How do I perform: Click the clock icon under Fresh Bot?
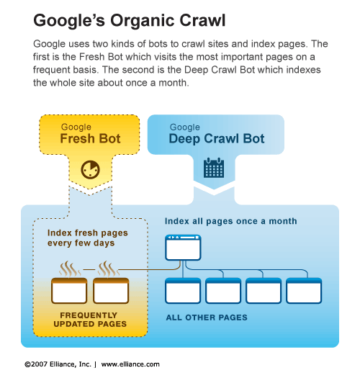coord(91,170)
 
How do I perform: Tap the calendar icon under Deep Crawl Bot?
coord(214,168)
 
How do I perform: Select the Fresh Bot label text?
coord(90,139)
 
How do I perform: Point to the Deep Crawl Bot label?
coord(217,139)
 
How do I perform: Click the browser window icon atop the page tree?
coord(183,248)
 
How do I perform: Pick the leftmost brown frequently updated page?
coord(69,290)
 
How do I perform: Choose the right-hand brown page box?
coord(111,290)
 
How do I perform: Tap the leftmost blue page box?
coord(183,290)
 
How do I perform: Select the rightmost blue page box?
coord(304,290)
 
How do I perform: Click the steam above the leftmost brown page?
coord(70,269)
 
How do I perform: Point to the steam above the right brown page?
coord(108,269)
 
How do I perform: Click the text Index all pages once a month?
coord(230,221)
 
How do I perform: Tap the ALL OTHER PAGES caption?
coord(207,318)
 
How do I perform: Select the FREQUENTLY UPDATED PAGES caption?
coord(90,320)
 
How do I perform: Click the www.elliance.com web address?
coord(130,364)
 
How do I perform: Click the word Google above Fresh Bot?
coord(76,127)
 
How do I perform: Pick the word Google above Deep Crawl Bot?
coord(185,127)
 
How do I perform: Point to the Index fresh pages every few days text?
coord(88,238)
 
